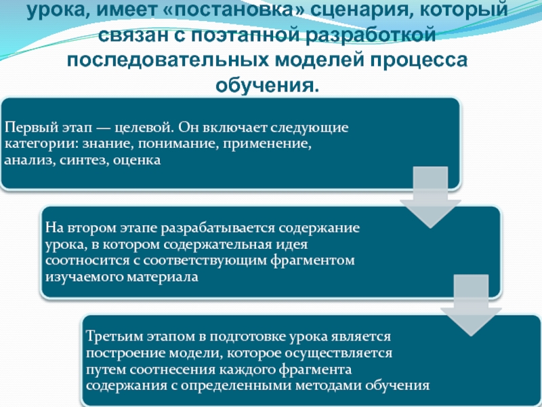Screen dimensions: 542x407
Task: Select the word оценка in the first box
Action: tap(138, 161)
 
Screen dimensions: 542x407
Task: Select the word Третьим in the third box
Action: tap(110, 337)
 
